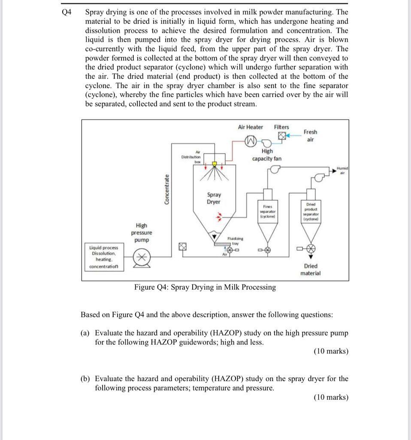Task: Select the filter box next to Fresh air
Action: pos(281,136)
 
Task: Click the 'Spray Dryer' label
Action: pos(214,199)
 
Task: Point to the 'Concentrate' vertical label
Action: pos(167,189)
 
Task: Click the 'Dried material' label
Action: pos(311,269)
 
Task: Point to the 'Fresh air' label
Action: pos(310,135)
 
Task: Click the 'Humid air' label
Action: pos(342,171)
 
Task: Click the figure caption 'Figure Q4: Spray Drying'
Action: pos(205,287)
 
